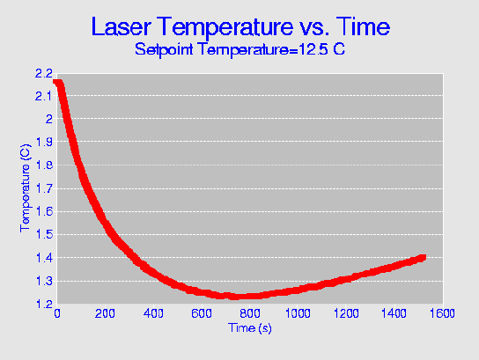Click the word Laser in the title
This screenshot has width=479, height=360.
[x=121, y=26]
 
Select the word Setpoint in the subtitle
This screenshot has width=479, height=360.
[x=164, y=49]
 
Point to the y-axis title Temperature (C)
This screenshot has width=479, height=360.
[x=26, y=188]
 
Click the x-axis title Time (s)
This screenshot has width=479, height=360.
[x=250, y=328]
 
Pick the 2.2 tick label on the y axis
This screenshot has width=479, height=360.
[x=44, y=74]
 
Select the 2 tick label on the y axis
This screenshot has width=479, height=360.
[x=49, y=119]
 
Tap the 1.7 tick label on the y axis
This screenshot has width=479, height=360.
[x=44, y=188]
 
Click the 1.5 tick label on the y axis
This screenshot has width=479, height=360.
[x=44, y=234]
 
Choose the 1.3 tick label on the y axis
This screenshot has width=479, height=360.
[x=44, y=281]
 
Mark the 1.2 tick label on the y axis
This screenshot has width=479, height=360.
[x=44, y=305]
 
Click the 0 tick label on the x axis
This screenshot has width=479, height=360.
[x=57, y=313]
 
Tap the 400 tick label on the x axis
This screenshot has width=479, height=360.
[x=153, y=313]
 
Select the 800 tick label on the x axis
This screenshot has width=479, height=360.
[x=250, y=313]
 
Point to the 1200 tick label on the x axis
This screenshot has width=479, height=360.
[x=346, y=313]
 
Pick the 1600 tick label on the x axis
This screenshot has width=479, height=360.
[x=443, y=313]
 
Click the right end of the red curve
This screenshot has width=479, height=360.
[x=424, y=258]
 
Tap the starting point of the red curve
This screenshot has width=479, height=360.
[x=55, y=82]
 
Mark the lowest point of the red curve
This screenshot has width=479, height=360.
[x=233, y=297]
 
